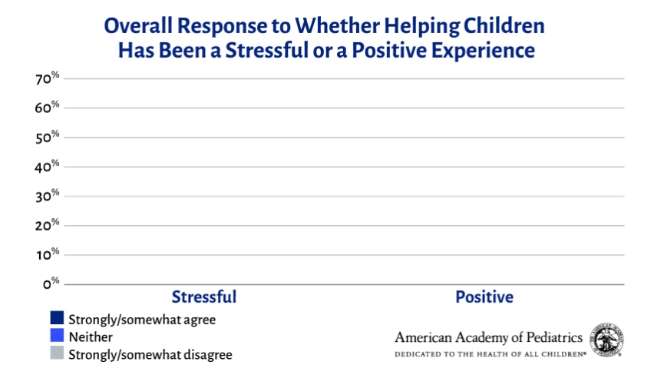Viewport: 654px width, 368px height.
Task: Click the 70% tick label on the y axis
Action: tap(47, 78)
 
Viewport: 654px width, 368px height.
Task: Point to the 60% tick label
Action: tap(47, 108)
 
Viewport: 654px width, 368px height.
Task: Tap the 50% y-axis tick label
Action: tap(47, 137)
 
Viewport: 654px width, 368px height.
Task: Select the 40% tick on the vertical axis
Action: tap(47, 166)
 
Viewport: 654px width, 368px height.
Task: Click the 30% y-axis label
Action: tap(47, 196)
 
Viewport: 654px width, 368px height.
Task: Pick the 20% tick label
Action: tap(47, 225)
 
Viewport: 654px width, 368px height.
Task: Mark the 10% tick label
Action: tap(47, 254)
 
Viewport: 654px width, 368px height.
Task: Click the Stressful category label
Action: tap(203, 297)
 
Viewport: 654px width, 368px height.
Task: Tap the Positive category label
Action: tap(484, 297)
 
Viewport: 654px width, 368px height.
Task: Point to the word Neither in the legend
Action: tap(91, 337)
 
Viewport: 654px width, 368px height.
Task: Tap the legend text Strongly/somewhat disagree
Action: tap(150, 355)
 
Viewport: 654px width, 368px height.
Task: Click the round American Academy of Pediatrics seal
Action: tap(606, 340)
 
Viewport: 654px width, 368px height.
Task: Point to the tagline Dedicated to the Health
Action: tap(461, 354)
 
